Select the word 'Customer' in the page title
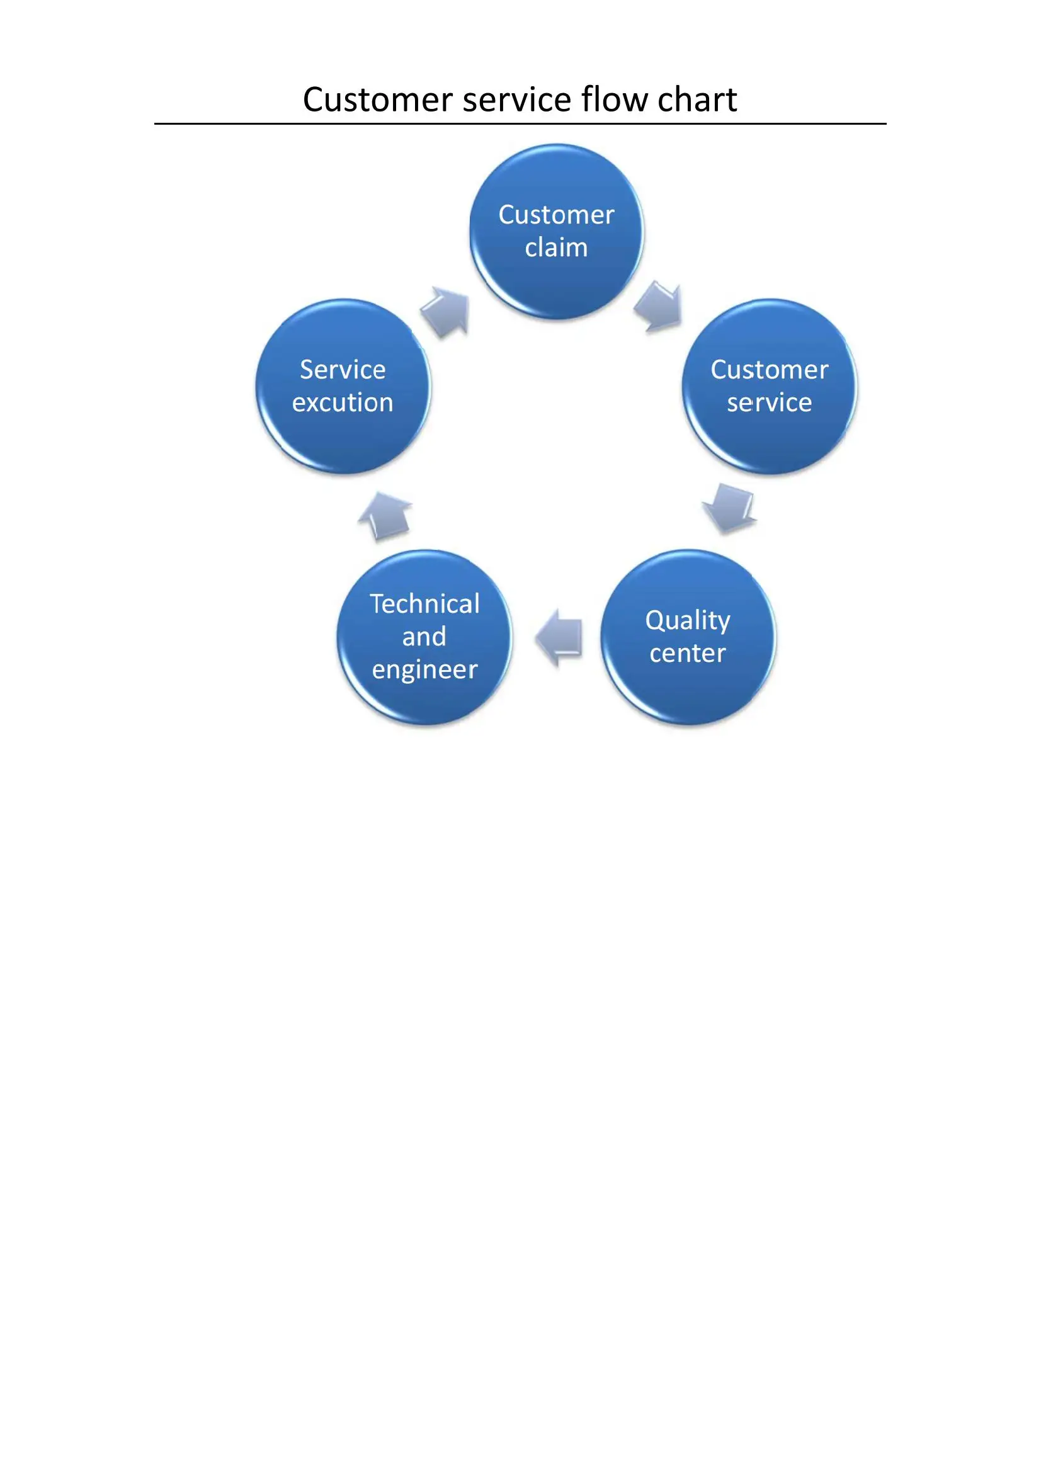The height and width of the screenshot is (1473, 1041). [x=378, y=100]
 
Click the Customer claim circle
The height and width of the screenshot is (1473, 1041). [x=557, y=232]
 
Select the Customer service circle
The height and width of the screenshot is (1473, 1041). [x=769, y=387]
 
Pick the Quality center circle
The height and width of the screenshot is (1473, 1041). [x=688, y=637]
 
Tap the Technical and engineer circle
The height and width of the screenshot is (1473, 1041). [x=424, y=637]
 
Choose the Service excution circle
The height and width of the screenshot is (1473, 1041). [x=343, y=387]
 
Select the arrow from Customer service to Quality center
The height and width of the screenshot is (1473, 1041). [x=731, y=508]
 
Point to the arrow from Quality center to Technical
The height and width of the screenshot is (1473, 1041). [x=559, y=639]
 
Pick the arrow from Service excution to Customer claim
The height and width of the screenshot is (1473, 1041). [x=447, y=311]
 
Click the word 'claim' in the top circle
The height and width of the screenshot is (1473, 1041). [x=556, y=247]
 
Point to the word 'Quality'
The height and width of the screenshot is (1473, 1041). [x=688, y=620]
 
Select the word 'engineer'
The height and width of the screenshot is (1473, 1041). [x=424, y=670]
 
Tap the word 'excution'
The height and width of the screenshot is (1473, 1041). [x=343, y=403]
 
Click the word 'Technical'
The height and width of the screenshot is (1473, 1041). [x=424, y=604]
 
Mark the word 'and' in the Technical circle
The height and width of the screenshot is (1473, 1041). [x=424, y=637]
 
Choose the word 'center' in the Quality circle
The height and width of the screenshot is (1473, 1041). [x=688, y=653]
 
